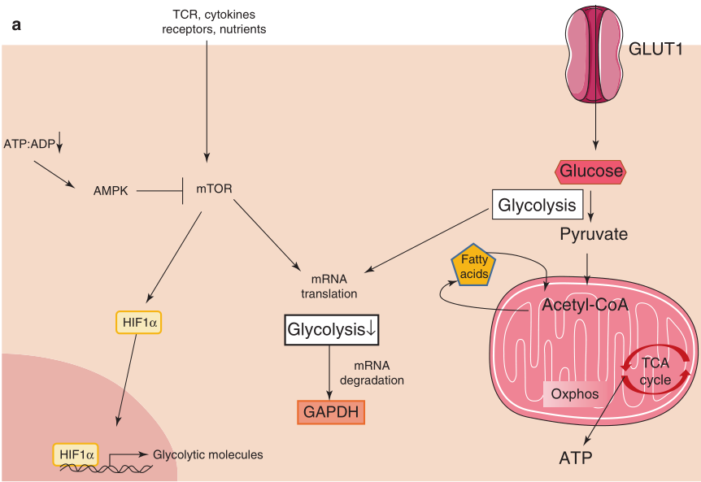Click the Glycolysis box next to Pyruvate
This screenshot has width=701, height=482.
[x=537, y=205]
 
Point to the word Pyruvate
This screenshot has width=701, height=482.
[x=593, y=235]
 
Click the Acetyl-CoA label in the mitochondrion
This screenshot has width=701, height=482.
[x=580, y=306]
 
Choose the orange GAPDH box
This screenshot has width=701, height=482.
[x=330, y=412]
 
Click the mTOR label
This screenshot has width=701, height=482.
[x=214, y=189]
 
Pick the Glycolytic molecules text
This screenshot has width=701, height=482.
[x=208, y=454]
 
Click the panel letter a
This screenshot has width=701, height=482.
[x=16, y=25]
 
